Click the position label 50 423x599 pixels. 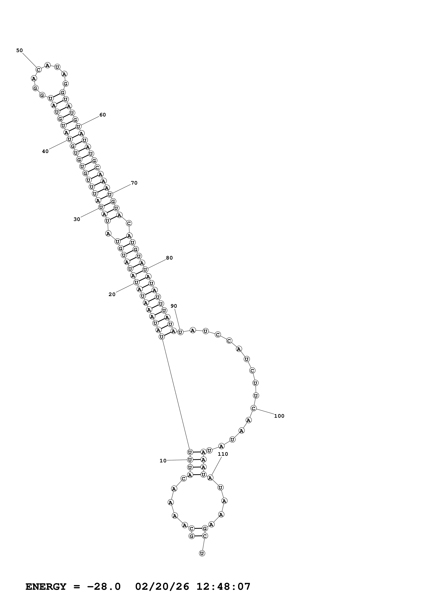[20, 51]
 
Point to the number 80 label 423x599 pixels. [169, 258]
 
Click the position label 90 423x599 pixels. [174, 306]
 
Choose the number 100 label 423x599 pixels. [279, 416]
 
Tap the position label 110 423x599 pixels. [223, 454]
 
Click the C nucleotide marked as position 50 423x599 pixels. [39, 70]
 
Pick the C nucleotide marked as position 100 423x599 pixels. [253, 408]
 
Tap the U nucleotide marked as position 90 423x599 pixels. [180, 332]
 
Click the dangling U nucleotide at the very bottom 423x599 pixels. [202, 553]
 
